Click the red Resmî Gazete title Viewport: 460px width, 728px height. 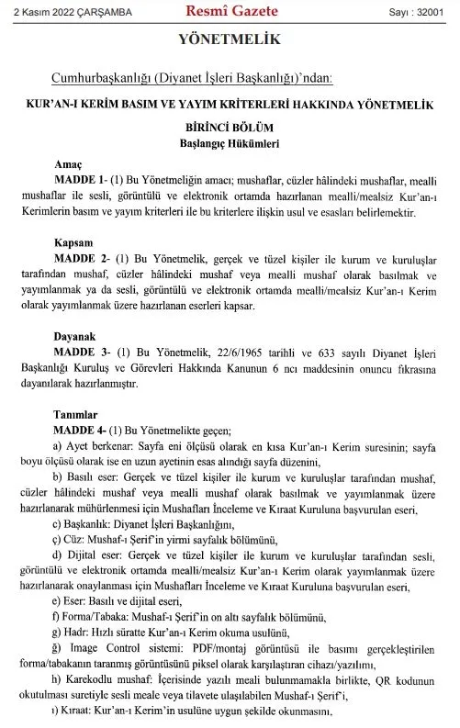click(x=230, y=12)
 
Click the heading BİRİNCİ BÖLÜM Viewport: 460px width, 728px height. click(x=230, y=129)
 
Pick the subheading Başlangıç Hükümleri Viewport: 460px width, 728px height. click(x=230, y=145)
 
